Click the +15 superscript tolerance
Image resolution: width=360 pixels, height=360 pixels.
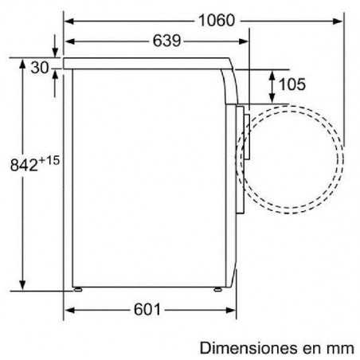49,161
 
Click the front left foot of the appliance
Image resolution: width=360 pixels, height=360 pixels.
76,288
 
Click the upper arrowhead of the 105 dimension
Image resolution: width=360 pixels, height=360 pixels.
273,72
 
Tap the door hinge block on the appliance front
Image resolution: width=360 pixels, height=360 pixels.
247,136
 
